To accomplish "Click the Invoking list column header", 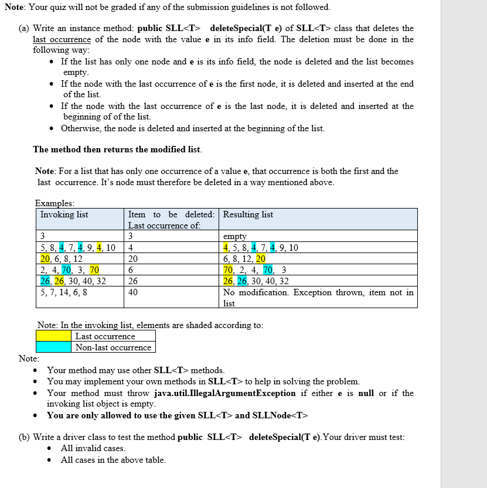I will [64, 214].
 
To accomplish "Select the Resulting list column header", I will [248, 214].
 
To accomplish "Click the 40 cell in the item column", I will [134, 292].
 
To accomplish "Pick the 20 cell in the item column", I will [133, 258].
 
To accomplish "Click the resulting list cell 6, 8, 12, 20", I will [244, 258].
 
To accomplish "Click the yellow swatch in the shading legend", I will [55, 336].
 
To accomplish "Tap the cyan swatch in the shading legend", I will [55, 347].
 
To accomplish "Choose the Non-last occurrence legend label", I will [113, 347].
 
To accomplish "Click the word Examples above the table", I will [55, 203].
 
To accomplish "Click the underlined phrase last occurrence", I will [62, 39].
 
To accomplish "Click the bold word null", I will [366, 393].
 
